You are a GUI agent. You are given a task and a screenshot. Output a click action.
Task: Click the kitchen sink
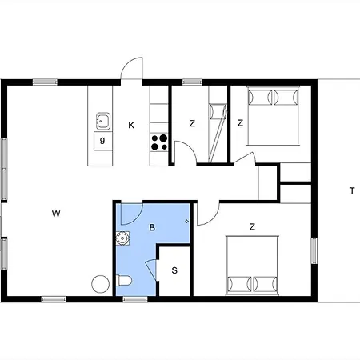coord(103,121)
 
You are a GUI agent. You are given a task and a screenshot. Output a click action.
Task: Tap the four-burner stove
coord(159,142)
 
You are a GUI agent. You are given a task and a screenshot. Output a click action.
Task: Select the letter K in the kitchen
coord(131,125)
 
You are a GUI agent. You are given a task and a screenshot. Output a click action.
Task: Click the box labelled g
coord(103,141)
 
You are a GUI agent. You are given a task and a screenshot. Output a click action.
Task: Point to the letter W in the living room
coord(56,214)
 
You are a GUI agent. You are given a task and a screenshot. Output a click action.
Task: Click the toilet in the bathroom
coord(124,281)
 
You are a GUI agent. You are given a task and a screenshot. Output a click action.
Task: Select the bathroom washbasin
coord(122,238)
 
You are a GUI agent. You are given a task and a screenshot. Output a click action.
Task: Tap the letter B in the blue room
coord(152,227)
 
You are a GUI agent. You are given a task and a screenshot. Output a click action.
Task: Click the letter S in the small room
coord(174,270)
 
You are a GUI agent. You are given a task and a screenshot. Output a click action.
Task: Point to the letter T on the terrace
coord(352,190)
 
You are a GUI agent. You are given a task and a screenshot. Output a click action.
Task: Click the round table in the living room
coord(101,284)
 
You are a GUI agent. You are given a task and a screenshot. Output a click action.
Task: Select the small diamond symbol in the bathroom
coord(187,222)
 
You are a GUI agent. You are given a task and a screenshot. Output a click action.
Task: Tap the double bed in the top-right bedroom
coord(273,116)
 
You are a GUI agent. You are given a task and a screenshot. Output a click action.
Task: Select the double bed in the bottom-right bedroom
coord(252,266)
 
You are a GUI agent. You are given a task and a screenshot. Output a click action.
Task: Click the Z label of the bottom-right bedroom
coord(252,227)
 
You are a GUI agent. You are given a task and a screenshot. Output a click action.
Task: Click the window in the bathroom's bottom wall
coord(135,299)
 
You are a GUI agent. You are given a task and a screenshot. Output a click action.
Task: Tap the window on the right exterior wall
coord(314,250)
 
